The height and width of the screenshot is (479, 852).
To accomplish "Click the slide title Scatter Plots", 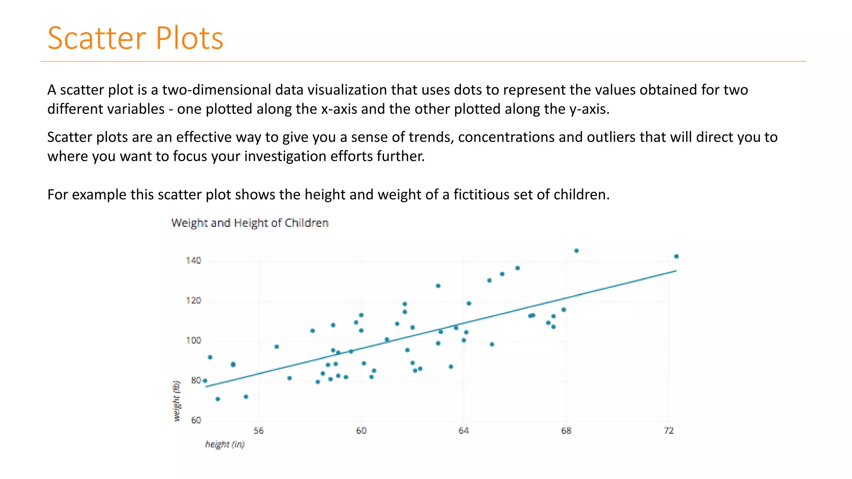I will [135, 38].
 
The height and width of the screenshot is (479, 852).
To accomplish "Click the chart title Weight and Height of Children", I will [250, 223].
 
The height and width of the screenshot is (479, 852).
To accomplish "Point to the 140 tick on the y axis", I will [193, 261].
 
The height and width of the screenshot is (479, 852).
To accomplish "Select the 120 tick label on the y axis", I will [193, 301].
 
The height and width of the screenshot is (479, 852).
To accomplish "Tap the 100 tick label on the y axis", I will [193, 341].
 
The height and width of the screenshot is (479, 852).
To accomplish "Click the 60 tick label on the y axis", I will [196, 420].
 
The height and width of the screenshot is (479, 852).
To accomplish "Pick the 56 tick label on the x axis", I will [258, 431].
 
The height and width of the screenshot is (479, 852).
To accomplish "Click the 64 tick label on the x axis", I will [463, 431].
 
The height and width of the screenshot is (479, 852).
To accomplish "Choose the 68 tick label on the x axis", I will [566, 431].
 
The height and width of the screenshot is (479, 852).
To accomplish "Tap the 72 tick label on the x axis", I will [669, 431].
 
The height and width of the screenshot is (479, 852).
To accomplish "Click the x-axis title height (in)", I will [225, 444].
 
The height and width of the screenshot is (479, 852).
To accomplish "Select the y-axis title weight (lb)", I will [176, 401].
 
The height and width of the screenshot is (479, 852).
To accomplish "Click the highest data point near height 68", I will [576, 251].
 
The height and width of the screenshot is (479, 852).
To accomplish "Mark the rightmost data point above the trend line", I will [676, 257].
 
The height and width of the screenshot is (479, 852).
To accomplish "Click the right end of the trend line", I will [675, 271].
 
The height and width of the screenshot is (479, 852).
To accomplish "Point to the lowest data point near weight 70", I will [218, 399].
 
